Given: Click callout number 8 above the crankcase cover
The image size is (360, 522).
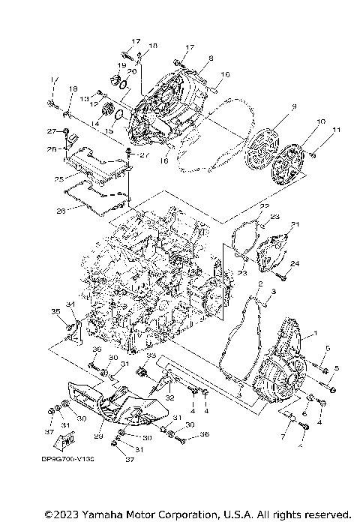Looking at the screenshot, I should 211,58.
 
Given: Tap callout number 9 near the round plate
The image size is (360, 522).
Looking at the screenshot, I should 293,107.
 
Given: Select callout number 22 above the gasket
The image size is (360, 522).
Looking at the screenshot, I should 263,205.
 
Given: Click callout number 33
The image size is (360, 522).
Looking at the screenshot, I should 151,355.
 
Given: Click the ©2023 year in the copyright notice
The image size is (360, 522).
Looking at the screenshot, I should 62,514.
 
